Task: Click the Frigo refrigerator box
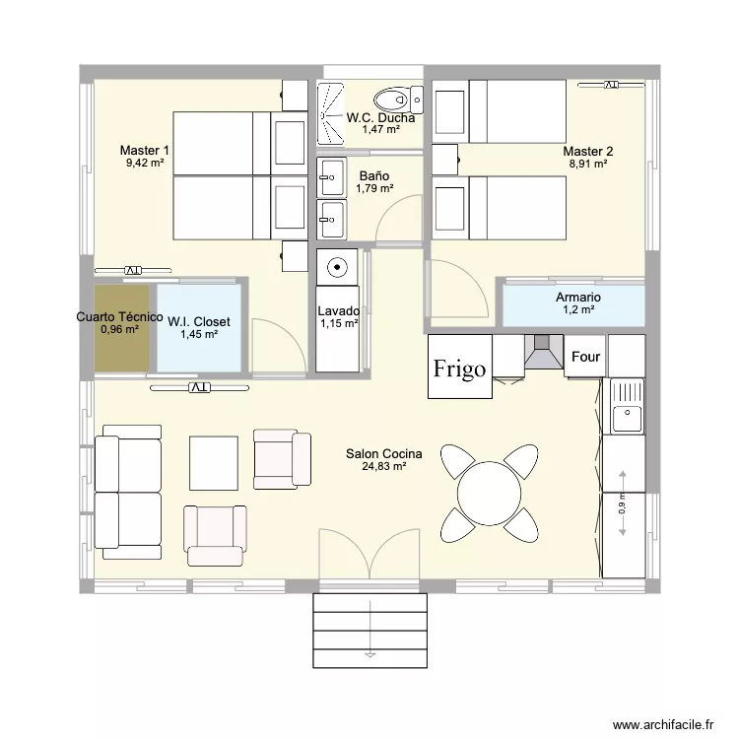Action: point(459,368)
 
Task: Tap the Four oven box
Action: point(585,358)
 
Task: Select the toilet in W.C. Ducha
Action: point(393,100)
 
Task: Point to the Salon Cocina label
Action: point(383,454)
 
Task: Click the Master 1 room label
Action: point(145,151)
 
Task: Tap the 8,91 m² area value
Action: point(587,165)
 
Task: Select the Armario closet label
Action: point(578,298)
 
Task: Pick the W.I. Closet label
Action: point(198,322)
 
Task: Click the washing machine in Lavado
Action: point(337,266)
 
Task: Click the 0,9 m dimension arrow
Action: point(622,504)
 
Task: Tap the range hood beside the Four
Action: point(544,353)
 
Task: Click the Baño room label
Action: point(373,175)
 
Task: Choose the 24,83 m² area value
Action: point(383,467)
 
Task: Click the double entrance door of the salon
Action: point(370,556)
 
